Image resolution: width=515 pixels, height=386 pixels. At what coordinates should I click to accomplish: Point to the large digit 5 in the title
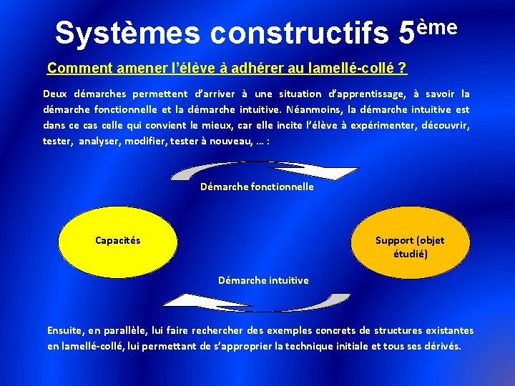tap(406, 33)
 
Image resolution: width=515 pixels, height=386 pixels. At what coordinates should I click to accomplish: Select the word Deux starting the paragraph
tap(55, 94)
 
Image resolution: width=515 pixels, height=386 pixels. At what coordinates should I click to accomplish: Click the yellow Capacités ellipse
tap(118, 240)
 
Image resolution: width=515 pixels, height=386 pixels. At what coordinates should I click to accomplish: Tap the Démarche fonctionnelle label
tap(257, 187)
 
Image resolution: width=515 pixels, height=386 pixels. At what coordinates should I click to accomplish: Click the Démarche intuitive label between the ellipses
tap(263, 280)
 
